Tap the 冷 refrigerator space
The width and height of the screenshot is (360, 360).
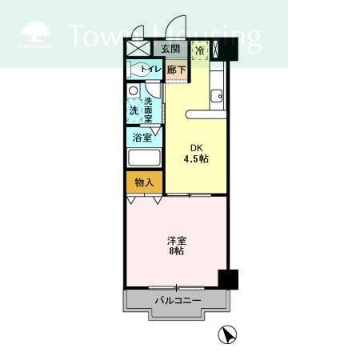pyautogui.click(x=199, y=50)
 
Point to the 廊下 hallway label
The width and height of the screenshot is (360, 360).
pyautogui.click(x=177, y=70)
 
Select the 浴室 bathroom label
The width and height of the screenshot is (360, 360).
pyautogui.click(x=143, y=137)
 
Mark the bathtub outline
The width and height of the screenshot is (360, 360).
pyautogui.click(x=145, y=158)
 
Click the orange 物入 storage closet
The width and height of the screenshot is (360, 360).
pyautogui.click(x=144, y=183)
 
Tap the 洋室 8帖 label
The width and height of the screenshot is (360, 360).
pyautogui.click(x=177, y=245)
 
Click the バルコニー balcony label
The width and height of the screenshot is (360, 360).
pyautogui.click(x=177, y=300)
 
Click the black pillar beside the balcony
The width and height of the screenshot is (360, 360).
pyautogui.click(x=230, y=279)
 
